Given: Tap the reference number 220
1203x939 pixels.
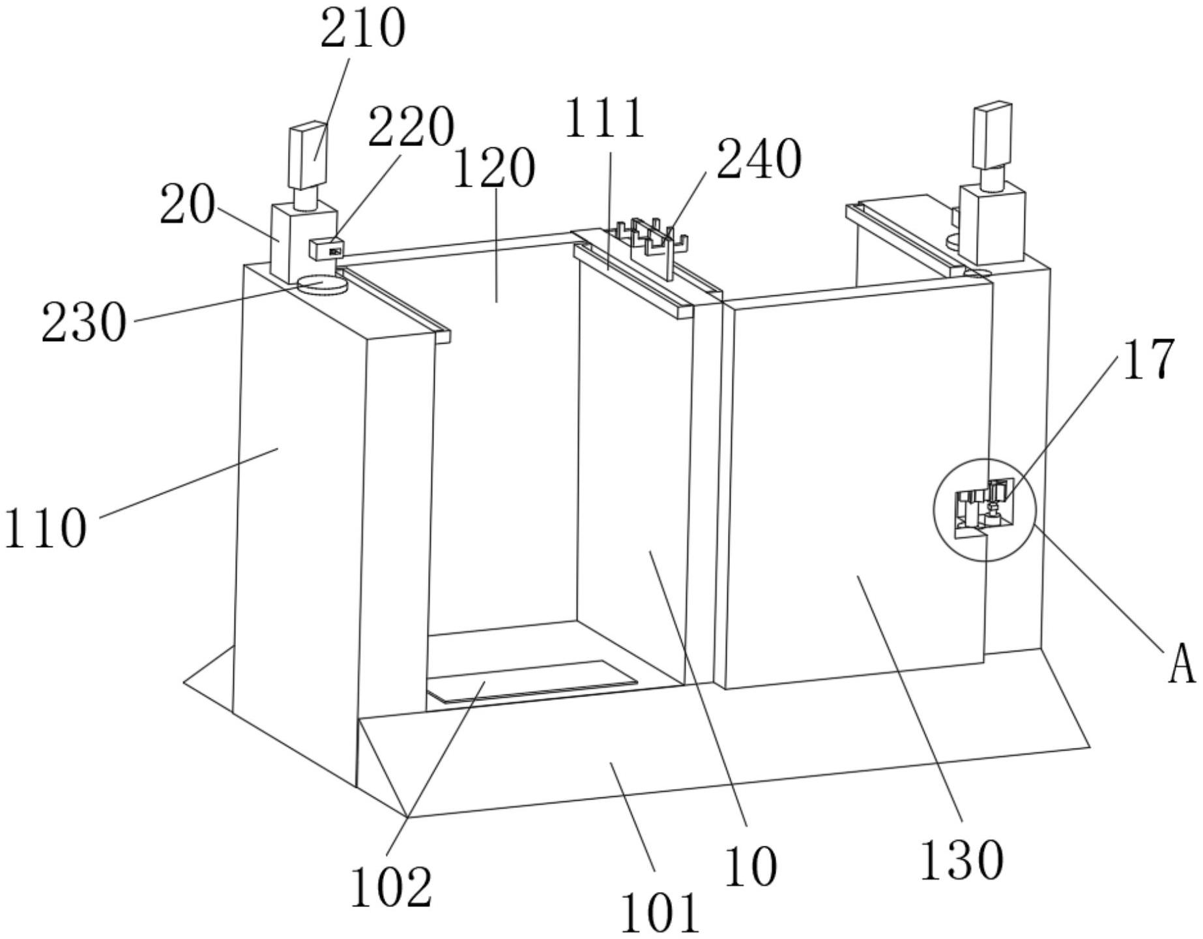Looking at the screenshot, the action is pyautogui.click(x=411, y=126).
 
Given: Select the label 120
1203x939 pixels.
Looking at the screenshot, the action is pyautogui.click(x=493, y=168).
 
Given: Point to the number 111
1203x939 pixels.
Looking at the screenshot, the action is pyautogui.click(x=604, y=118).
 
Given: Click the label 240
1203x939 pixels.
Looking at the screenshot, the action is pyautogui.click(x=759, y=158).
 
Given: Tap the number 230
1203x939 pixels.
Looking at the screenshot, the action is pyautogui.click(x=83, y=323).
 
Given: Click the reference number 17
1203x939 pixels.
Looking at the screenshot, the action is pyautogui.click(x=1148, y=359).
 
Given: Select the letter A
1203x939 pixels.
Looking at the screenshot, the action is pyautogui.click(x=1181, y=666).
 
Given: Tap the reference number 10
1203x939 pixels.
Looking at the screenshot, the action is pyautogui.click(x=751, y=867).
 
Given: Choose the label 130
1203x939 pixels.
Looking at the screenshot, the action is pyautogui.click(x=961, y=859).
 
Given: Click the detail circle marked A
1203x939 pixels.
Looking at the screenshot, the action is pyautogui.click(x=984, y=509).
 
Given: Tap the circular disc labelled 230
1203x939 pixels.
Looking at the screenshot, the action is pyautogui.click(x=321, y=285).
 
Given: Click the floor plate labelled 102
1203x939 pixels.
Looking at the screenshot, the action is pyautogui.click(x=531, y=680).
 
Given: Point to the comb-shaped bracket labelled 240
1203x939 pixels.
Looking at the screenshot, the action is pyautogui.click(x=652, y=238).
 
